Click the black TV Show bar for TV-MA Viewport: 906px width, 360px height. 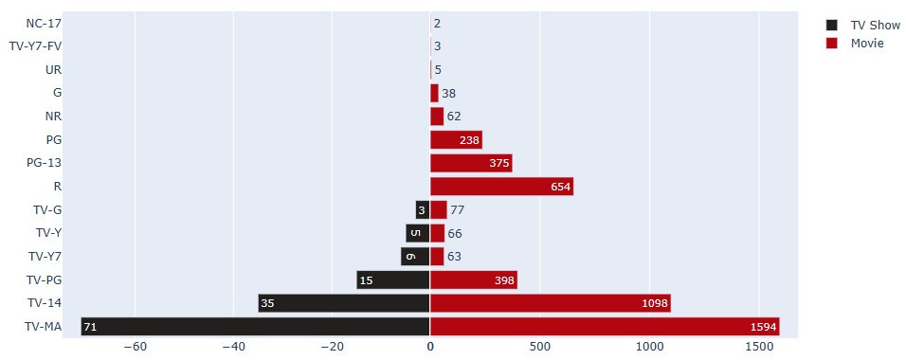point(256,327)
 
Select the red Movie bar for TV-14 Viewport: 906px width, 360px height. point(550,303)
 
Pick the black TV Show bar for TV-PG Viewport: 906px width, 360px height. point(393,280)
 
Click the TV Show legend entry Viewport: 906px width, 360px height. point(875,26)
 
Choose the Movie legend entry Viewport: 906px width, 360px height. point(866,44)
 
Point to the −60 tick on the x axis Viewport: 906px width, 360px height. point(135,348)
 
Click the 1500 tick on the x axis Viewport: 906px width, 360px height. point(759,348)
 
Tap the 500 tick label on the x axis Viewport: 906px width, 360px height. point(539,348)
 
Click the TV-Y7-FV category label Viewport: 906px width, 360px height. point(35,45)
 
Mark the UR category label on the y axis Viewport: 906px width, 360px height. point(54,69)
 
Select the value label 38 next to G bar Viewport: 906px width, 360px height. point(448,94)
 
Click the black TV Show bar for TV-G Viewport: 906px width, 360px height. point(423,209)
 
